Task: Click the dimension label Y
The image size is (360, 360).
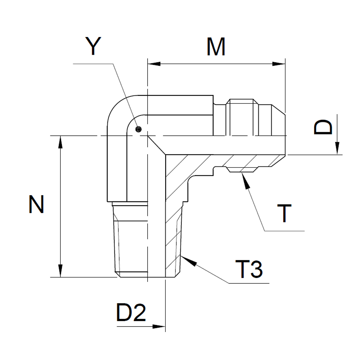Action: point(93,46)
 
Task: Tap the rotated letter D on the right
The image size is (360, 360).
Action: point(323,127)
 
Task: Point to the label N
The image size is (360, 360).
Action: point(36,204)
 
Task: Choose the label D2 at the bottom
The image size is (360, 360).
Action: point(131,312)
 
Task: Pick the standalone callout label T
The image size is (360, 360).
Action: point(284,213)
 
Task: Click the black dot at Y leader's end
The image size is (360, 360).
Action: point(139,129)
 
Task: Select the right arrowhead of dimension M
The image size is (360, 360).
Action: point(279,64)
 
